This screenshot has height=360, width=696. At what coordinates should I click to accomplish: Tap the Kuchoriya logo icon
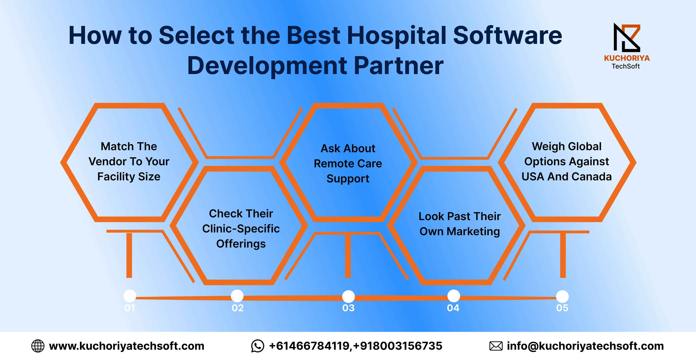coord(627,37)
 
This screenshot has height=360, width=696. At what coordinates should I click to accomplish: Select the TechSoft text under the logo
coord(626,66)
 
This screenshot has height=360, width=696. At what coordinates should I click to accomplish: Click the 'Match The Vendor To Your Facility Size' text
coord(129,161)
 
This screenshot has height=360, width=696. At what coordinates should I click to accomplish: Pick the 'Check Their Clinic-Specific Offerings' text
coord(241,229)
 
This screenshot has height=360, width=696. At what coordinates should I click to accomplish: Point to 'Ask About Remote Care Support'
coord(348,164)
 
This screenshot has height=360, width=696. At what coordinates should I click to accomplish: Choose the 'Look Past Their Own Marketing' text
coord(460,224)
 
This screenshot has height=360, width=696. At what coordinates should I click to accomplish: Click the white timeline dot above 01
coord(130,296)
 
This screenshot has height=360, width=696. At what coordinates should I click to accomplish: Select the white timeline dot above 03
coord(348,297)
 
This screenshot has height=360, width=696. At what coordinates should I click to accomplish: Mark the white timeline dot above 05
coord(562,297)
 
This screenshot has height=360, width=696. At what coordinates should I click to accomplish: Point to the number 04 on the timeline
coord(453,308)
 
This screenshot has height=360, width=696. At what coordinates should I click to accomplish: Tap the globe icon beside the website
coord(38,346)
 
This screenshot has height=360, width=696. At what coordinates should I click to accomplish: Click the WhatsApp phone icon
coord(257,346)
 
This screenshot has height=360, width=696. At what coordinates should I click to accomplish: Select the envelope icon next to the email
coord(496,346)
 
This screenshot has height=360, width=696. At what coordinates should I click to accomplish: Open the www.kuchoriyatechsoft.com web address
coord(127,346)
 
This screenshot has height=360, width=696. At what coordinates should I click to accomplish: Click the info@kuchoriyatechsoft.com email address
coord(585,346)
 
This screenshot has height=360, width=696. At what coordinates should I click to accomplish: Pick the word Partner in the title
coord(399,66)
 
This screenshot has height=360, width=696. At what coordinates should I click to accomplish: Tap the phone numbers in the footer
coord(356,346)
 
